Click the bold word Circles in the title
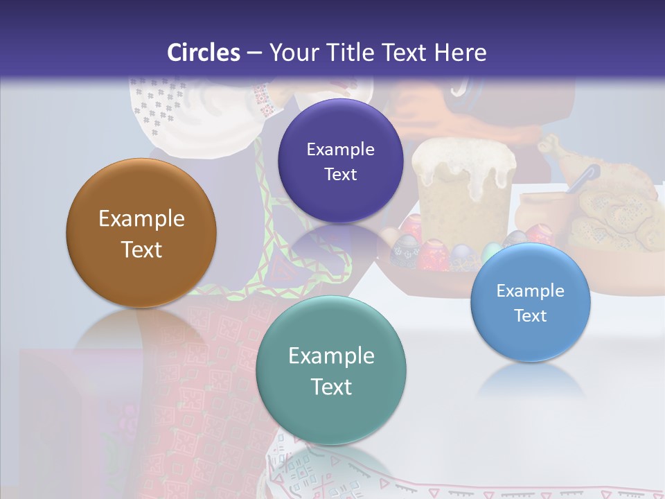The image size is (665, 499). [x=203, y=53]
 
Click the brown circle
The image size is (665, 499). [x=141, y=233]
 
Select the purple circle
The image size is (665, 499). [x=340, y=161]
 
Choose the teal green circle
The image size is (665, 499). [x=331, y=371]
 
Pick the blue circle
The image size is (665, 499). [x=531, y=302]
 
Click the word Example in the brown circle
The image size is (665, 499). [x=141, y=219]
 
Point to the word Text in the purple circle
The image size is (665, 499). [x=340, y=175]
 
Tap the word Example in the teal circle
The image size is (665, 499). [x=331, y=356]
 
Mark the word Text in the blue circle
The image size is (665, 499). [x=531, y=316]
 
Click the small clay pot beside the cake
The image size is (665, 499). [x=540, y=211]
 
